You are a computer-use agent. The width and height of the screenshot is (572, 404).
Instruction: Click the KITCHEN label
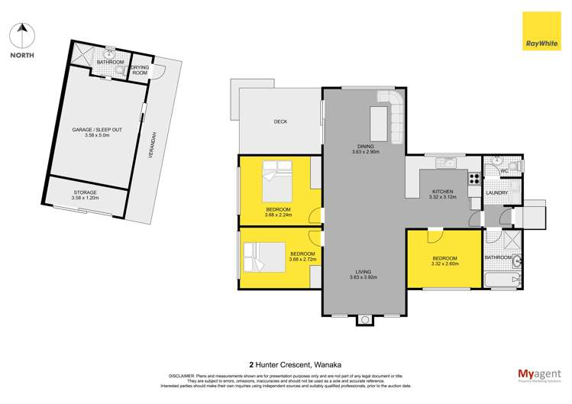443,191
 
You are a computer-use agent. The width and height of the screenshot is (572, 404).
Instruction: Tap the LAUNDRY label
498,192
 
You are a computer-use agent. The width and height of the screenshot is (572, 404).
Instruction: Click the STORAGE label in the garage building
85,192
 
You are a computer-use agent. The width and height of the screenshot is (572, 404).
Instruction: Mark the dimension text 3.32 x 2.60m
445,264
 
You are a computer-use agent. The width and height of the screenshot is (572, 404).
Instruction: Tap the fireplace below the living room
364,319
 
